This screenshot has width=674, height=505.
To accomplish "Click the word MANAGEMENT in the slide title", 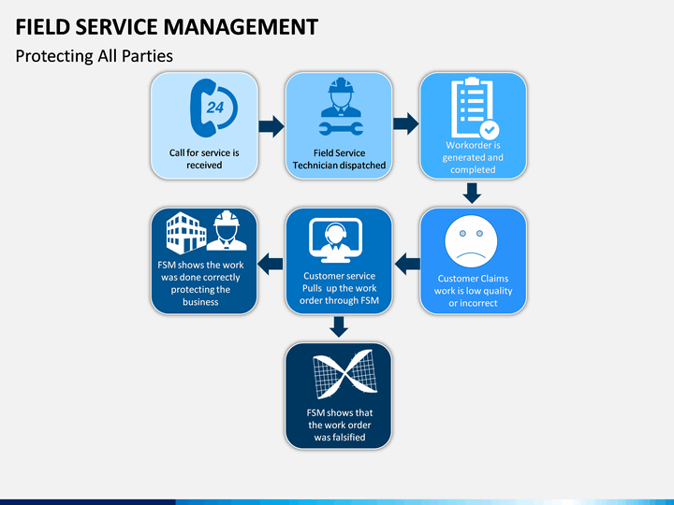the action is tap(241, 26).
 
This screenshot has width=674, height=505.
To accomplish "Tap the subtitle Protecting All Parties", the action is tap(95, 56).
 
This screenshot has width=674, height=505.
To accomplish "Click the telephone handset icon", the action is tap(202, 108).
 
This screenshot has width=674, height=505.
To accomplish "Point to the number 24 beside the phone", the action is tap(215, 108).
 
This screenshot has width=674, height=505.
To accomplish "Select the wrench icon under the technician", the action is tap(341, 128).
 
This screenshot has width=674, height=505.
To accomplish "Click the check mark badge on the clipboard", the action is tap(490, 129).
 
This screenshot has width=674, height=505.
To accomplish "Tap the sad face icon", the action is tap(471, 242).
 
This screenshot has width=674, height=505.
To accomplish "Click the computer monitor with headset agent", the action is tap(336, 240).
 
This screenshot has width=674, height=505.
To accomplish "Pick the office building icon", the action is tap(186, 233).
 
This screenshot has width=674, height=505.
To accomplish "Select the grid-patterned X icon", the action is tap(344, 374).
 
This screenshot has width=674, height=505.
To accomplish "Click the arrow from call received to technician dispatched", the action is tap(271, 126).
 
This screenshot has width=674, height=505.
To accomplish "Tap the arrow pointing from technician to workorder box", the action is tap(405, 124).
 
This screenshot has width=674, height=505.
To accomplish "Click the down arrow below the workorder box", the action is tap(472, 194).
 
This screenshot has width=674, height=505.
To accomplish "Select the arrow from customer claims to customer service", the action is tap(407, 264).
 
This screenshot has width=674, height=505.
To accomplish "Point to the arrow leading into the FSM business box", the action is tap(270, 264).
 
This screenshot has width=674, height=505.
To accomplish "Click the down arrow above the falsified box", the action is tap(339, 326).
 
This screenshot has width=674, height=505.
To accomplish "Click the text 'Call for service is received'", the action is tap(204, 159).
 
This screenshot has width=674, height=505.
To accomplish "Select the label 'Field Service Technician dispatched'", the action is tap(339, 159).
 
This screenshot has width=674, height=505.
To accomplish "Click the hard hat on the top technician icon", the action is tap(341, 86).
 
